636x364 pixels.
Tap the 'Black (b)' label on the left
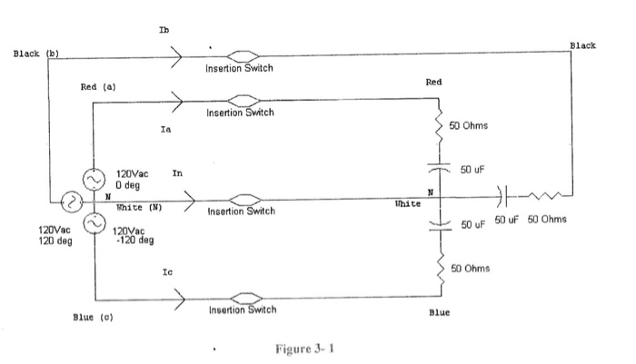point(35,54)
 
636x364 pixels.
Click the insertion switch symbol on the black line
point(240,55)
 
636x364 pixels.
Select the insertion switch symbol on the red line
point(240,100)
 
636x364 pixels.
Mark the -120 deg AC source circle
point(94,221)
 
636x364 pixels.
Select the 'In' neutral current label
point(176,172)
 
